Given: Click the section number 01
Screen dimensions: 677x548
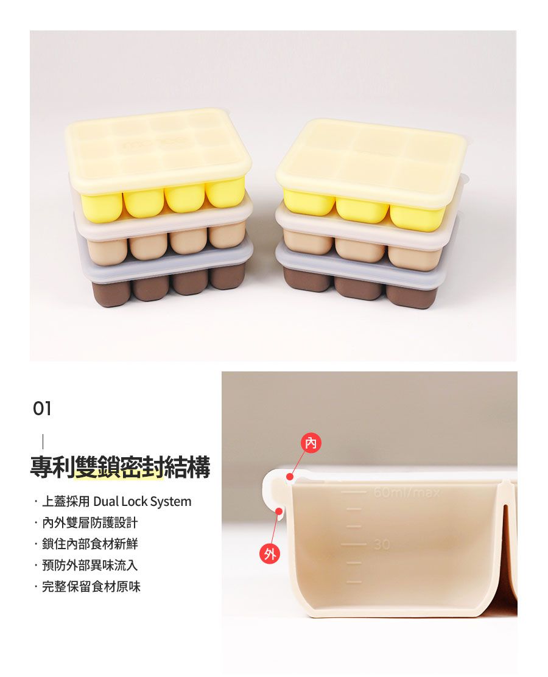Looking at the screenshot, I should pyautogui.click(x=42, y=409).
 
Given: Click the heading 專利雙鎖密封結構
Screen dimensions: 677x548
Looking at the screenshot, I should pyautogui.click(x=120, y=468).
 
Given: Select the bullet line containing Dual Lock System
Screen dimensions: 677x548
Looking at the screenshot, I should pyautogui.click(x=116, y=502).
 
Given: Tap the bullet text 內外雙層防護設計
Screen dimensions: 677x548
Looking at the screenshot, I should pyautogui.click(x=90, y=523).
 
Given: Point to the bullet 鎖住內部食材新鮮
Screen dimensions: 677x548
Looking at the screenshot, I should pyautogui.click(x=90, y=544).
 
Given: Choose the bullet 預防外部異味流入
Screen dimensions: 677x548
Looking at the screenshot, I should pyautogui.click(x=90, y=566).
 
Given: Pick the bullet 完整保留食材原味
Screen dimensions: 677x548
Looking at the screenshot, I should pyautogui.click(x=91, y=587).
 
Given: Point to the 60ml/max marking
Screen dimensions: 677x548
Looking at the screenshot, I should pyautogui.click(x=406, y=491).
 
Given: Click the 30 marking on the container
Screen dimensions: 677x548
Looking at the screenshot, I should pyautogui.click(x=382, y=544).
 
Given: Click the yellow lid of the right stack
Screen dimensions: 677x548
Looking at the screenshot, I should pyautogui.click(x=371, y=160).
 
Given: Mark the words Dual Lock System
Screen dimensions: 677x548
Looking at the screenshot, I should pyautogui.click(x=142, y=502).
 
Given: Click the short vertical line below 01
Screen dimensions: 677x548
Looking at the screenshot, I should pyautogui.click(x=43, y=441).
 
